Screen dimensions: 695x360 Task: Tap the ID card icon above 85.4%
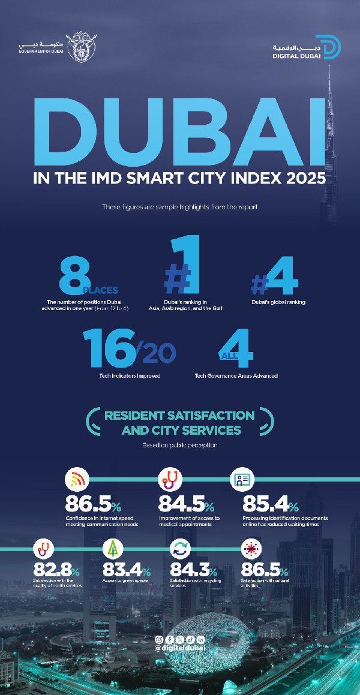click(x=242, y=479)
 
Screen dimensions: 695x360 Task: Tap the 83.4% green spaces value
click(x=126, y=570)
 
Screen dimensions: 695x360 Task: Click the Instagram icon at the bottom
click(x=159, y=640)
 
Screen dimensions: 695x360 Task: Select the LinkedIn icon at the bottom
click(x=200, y=640)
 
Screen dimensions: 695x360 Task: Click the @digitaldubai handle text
click(x=179, y=648)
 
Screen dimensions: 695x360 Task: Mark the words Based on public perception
click(x=179, y=446)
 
